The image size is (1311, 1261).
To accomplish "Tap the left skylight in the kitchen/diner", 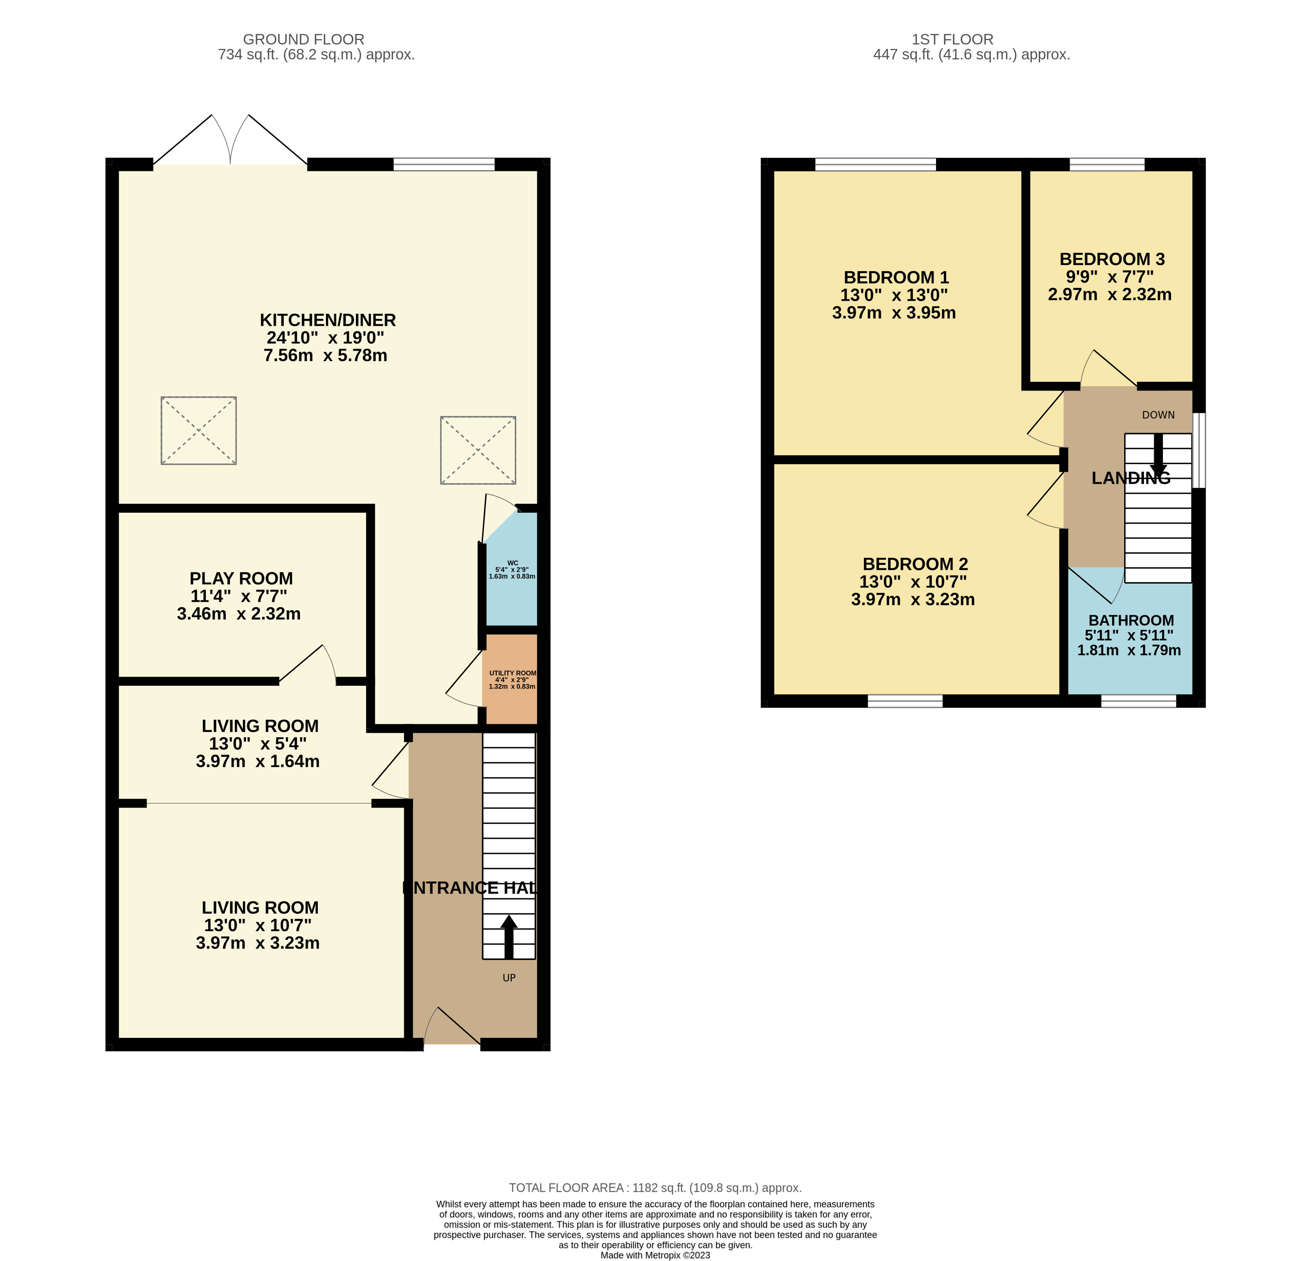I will pyautogui.click(x=198, y=430).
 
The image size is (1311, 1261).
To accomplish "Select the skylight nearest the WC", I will pyautogui.click(x=478, y=450).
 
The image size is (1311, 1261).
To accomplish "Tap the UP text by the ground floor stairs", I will pyautogui.click(x=509, y=977).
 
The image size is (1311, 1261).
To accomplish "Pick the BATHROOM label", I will pyautogui.click(x=1131, y=620).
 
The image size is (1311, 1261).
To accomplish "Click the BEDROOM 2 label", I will pyautogui.click(x=915, y=564).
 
